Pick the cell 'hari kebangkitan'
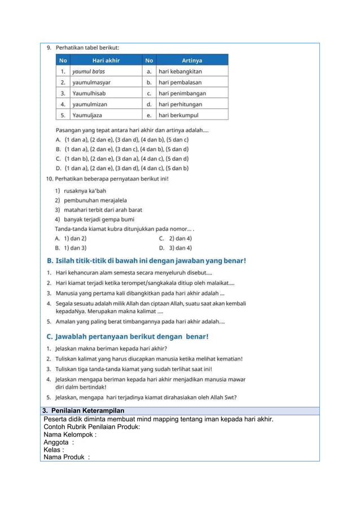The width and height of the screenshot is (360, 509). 180,72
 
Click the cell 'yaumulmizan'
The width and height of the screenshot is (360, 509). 90,104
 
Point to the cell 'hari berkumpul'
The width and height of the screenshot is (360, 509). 178,115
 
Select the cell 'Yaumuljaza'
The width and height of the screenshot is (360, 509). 88,115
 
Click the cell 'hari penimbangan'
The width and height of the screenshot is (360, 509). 182,94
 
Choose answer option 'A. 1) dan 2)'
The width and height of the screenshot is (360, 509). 71,239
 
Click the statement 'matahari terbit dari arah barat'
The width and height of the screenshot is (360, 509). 100,210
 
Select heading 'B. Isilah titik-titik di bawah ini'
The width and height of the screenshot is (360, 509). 146,261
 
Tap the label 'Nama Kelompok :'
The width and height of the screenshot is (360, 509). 70,435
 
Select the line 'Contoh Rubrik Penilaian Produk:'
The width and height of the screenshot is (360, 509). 92,427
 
